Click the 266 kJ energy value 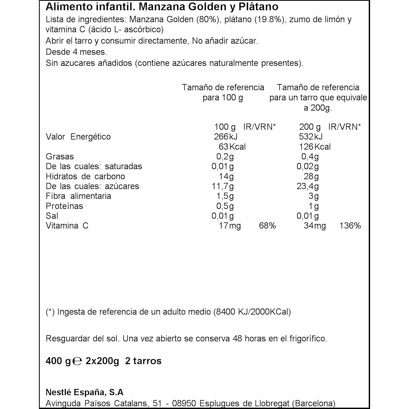click(x=225, y=137)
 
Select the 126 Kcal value click(x=315, y=147)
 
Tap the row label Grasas click(x=60, y=157)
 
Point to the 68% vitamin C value click(x=267, y=226)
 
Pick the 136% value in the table click(x=350, y=226)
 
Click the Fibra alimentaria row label click(x=78, y=196)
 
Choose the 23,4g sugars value click(x=308, y=186)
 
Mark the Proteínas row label click(x=64, y=206)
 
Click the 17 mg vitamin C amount click(x=229, y=226)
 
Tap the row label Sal click(x=52, y=216)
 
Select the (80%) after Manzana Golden click(x=208, y=20)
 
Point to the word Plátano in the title click(x=258, y=7)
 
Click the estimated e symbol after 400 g click(x=77, y=361)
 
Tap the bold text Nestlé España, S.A click(x=85, y=392)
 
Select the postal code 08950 click(x=184, y=403)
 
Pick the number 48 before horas click(x=237, y=339)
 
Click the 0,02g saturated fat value click(x=308, y=166)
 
